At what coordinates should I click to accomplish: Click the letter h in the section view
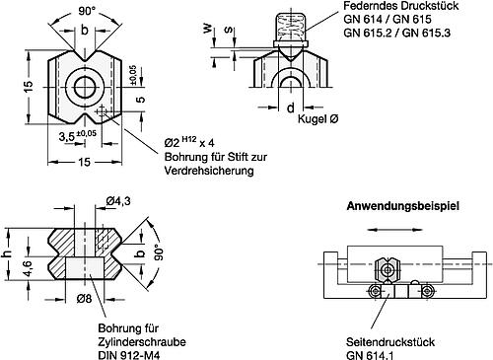pyautogui.click(x=9, y=255)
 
